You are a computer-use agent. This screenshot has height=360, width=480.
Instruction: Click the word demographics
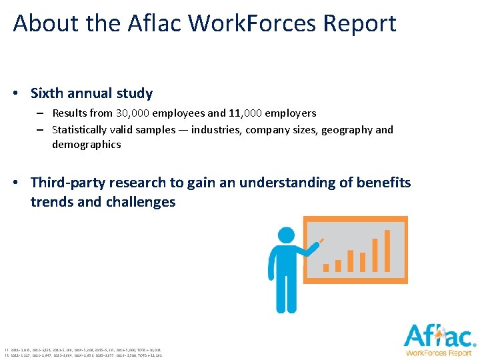[87, 144]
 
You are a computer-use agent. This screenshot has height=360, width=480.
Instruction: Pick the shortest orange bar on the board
[327, 267]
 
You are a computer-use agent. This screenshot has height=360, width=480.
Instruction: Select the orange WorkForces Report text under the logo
[439, 352]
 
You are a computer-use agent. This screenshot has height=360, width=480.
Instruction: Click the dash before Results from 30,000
[41, 114]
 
